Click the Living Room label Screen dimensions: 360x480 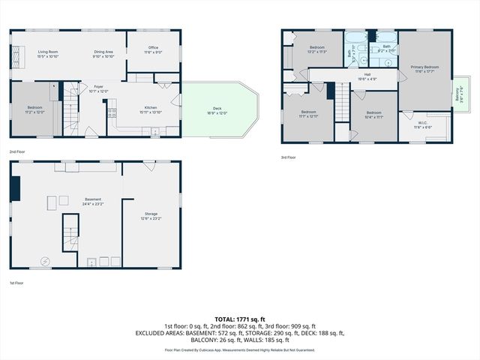[48, 53]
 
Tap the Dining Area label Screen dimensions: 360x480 [103, 53]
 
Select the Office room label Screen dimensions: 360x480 [153, 50]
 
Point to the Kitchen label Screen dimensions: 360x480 [150, 109]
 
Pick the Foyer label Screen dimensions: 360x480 [98, 88]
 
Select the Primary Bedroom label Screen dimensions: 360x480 [424, 69]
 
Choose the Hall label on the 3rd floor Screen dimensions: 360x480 [367, 76]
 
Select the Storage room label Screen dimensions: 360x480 [151, 215]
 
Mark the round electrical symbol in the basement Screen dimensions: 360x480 [44, 261]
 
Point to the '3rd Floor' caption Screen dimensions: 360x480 [289, 157]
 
